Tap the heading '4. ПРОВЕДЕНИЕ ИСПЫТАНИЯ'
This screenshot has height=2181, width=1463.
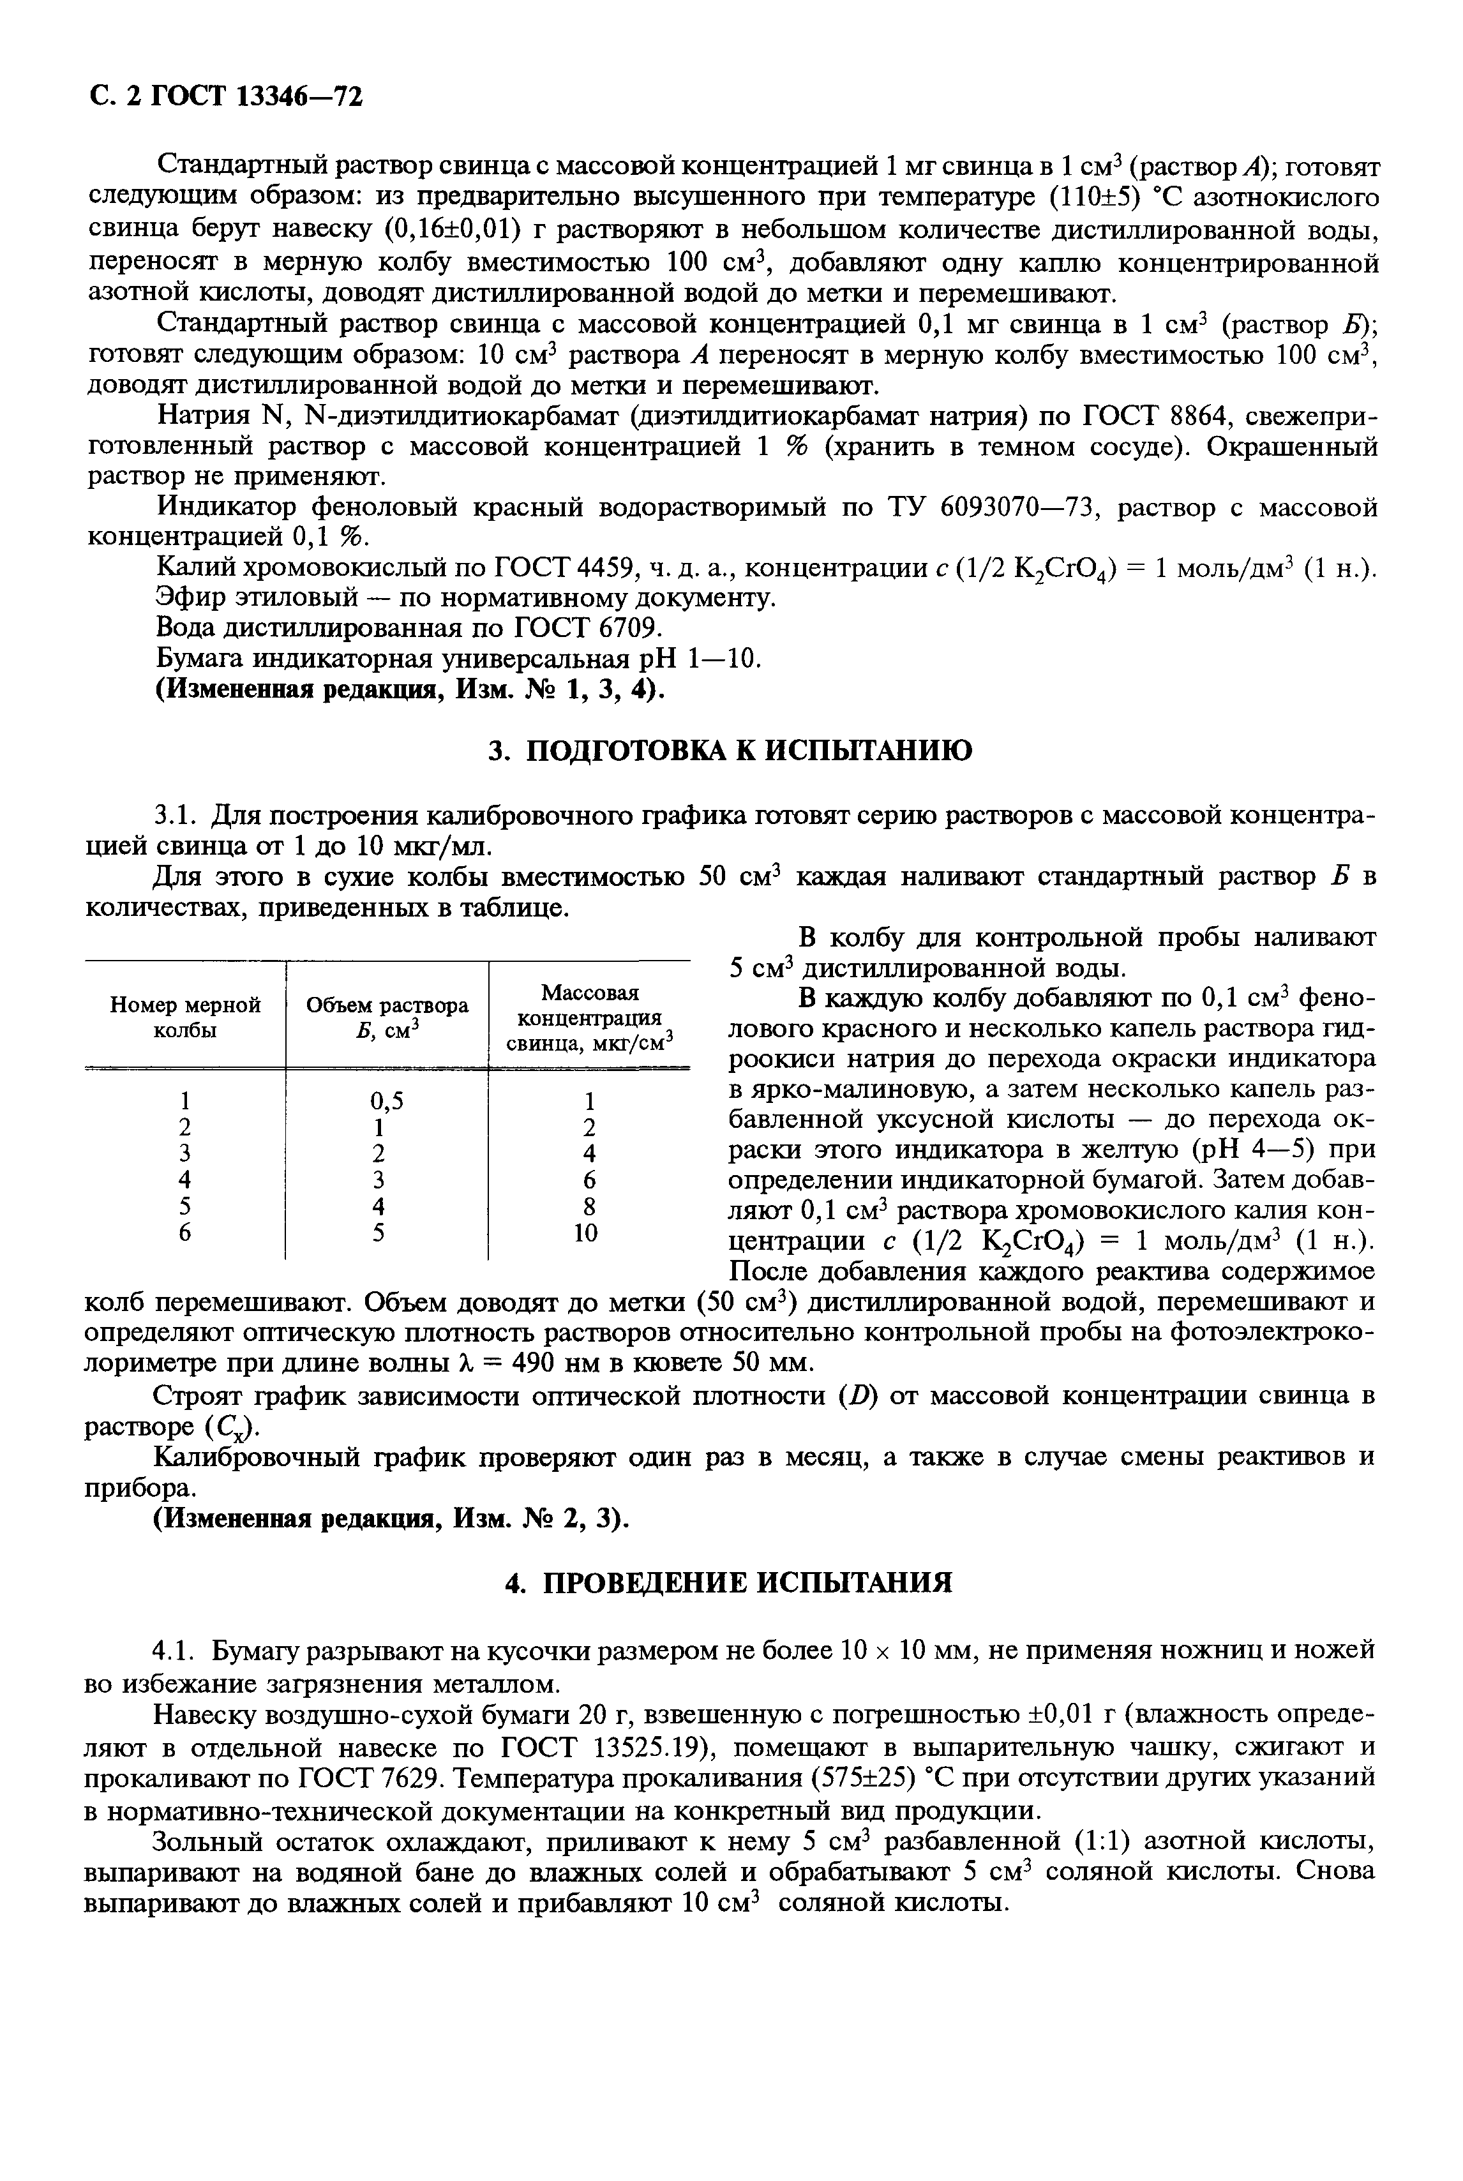(731, 1582)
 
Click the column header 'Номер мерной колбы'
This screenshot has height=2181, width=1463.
(184, 1018)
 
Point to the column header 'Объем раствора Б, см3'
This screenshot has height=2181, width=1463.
(387, 1018)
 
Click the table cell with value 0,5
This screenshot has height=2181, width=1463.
(387, 1101)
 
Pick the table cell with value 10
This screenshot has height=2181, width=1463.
(585, 1233)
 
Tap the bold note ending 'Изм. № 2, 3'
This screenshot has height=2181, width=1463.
(390, 1518)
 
